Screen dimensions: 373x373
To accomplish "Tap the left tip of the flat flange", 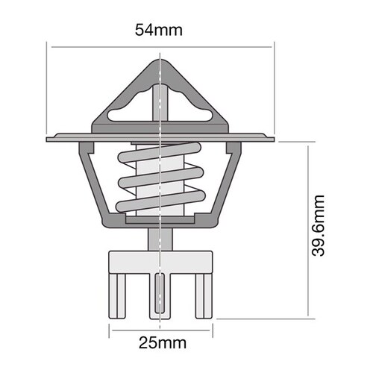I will click(48, 139).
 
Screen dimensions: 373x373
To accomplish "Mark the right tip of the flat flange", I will click(274, 139).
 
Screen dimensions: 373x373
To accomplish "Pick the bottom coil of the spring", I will click(161, 200).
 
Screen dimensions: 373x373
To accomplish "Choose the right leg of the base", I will click(201, 295).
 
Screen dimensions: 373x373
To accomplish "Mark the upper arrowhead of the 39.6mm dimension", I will click(308, 144).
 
